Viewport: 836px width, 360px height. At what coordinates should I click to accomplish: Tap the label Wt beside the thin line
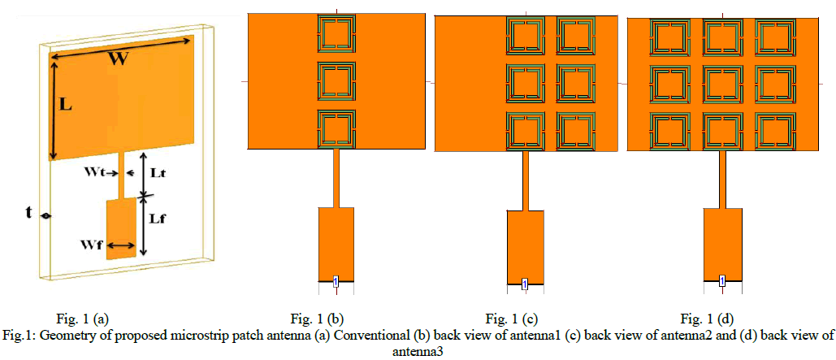point(97,172)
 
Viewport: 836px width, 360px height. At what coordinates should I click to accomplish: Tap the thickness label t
point(29,213)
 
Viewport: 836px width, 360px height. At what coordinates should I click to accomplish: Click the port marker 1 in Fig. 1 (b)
point(335,281)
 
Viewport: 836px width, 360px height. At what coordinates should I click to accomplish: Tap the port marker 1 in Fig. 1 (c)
point(524,284)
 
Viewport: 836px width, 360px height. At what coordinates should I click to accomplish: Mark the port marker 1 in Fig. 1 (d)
point(721,282)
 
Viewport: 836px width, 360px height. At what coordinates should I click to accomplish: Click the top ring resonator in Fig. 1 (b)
point(336,33)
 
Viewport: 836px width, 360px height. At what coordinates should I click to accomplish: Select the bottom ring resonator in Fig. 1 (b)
point(336,128)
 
